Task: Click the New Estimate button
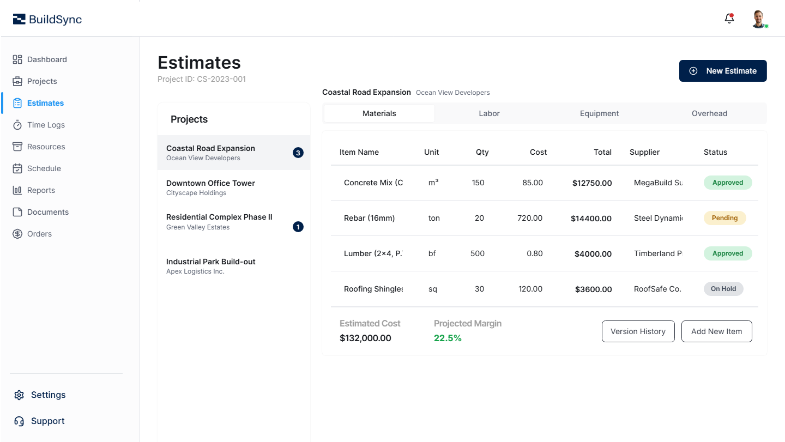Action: pos(723,71)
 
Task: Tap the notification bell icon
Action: pos(729,19)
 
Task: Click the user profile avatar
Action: pos(758,19)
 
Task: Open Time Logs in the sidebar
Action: pos(46,125)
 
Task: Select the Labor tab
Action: pos(489,113)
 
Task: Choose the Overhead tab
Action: pos(709,113)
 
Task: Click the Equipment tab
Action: pos(599,113)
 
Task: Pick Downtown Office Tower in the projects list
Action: pos(210,187)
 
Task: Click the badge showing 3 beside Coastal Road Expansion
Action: pos(298,153)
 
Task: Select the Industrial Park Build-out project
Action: pos(210,266)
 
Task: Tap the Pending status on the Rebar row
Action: pos(724,218)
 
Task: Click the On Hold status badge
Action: pos(723,289)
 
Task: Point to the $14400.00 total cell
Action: pos(591,219)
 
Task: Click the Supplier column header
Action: pos(644,152)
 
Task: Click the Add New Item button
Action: pos(716,331)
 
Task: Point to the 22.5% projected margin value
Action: pos(448,338)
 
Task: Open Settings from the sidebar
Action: pos(48,395)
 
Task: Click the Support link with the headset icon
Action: pos(47,421)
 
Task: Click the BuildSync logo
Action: pos(47,20)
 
